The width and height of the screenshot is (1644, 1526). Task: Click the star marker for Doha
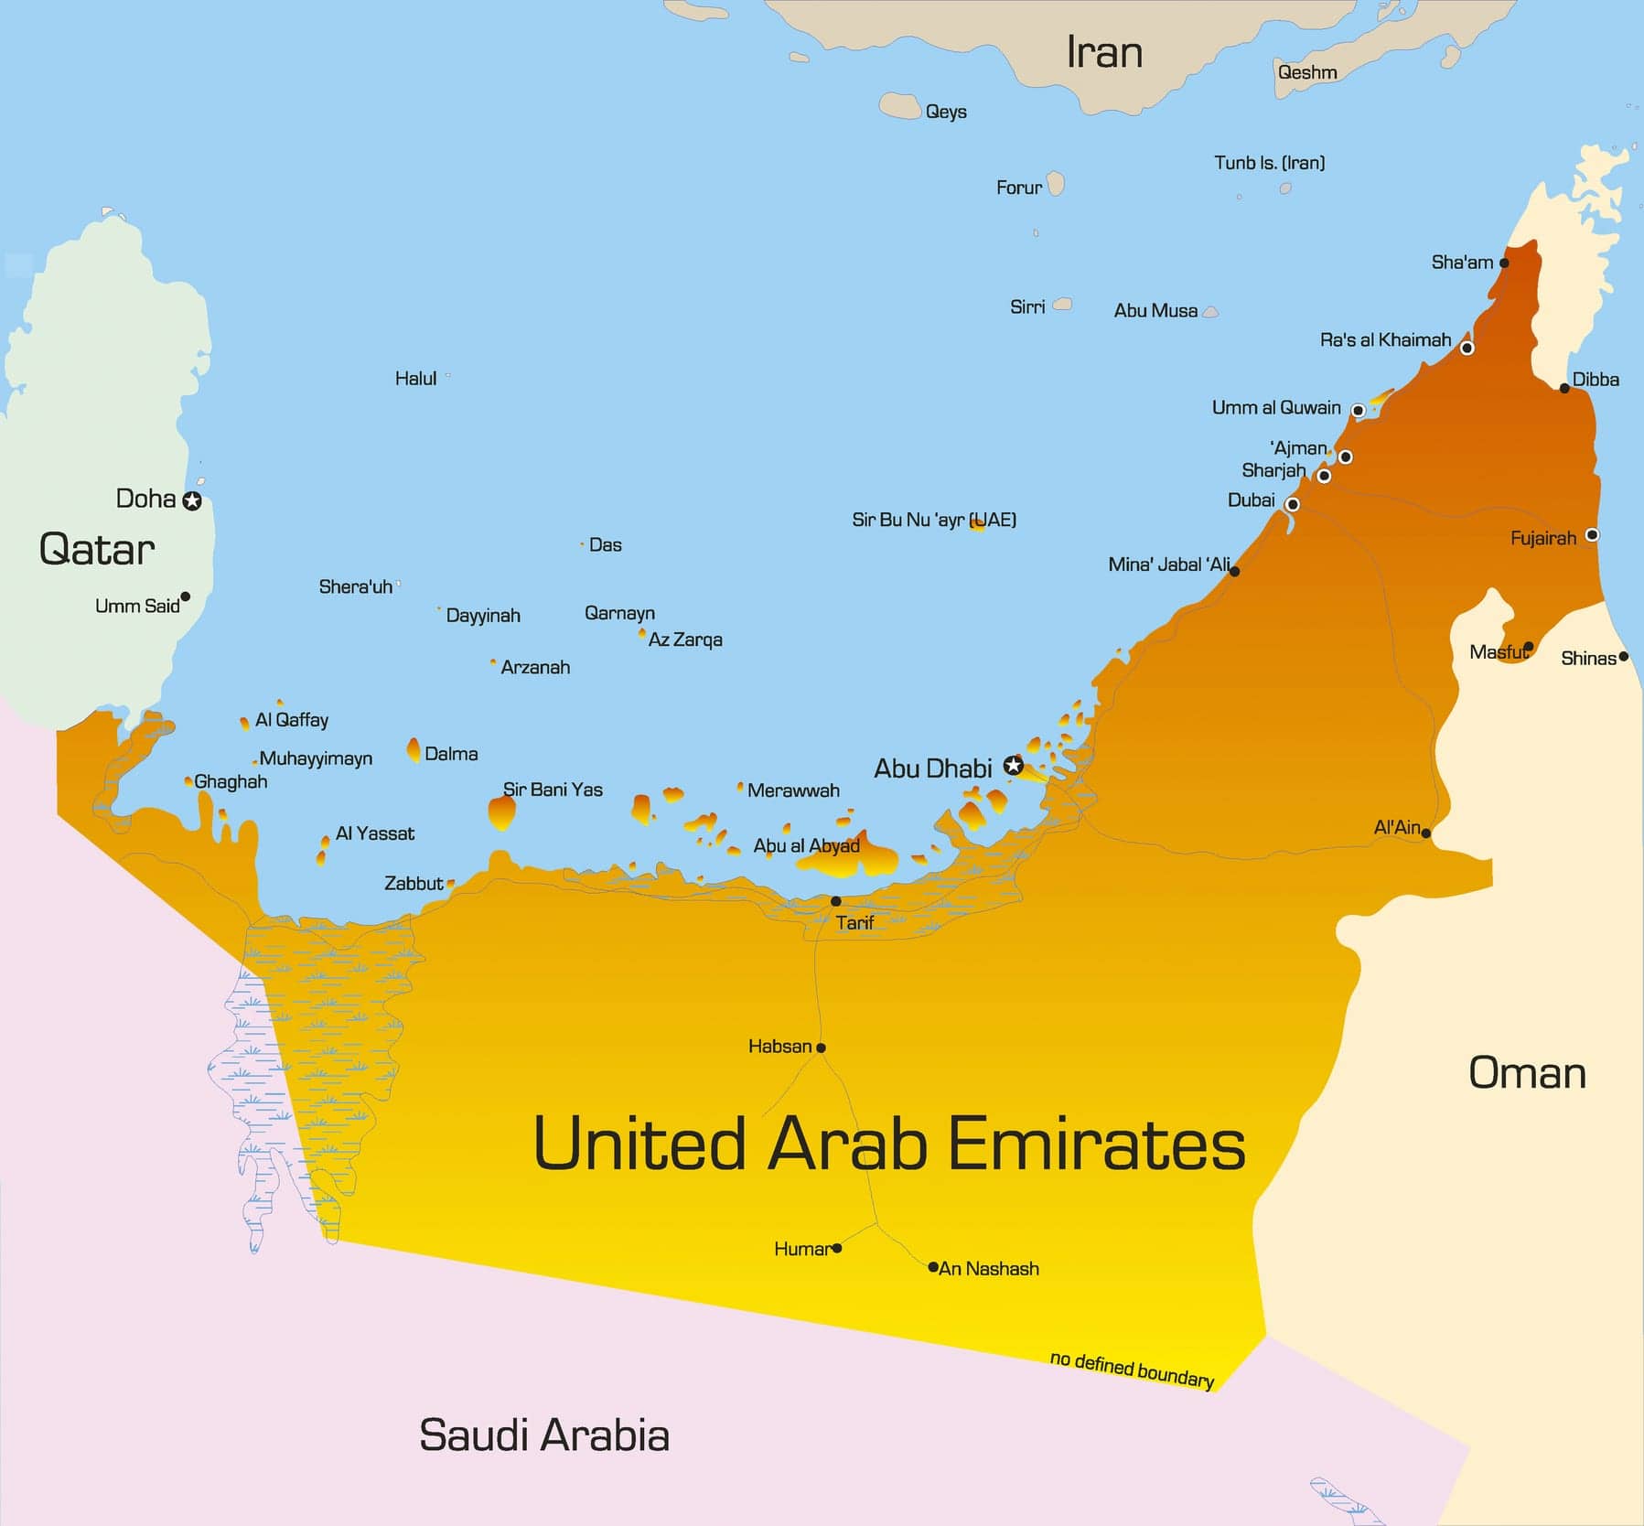[x=192, y=500]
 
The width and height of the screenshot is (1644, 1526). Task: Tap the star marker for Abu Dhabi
[x=1013, y=766]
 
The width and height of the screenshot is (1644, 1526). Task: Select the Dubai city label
[x=1251, y=500]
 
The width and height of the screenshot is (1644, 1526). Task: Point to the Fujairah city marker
[x=1592, y=534]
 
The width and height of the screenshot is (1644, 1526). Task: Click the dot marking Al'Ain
[x=1425, y=833]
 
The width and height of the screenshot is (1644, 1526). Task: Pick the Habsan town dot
[x=821, y=1048]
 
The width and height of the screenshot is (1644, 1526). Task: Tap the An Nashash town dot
[x=932, y=1267]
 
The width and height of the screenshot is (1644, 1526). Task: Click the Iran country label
[x=1104, y=52]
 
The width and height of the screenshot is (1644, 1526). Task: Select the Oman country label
[x=1527, y=1073]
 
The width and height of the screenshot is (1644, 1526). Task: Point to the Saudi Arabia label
[x=544, y=1435]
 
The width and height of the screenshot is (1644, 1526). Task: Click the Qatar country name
[x=97, y=549]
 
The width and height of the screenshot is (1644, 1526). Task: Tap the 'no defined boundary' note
[x=1132, y=1370]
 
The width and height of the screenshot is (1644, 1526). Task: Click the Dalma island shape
[x=414, y=751]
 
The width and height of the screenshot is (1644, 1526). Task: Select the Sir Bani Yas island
[x=501, y=812]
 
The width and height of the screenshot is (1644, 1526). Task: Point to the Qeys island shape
[x=900, y=106]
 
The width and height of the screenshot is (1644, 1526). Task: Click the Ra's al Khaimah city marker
[x=1467, y=348]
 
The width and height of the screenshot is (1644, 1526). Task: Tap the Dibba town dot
[x=1564, y=388]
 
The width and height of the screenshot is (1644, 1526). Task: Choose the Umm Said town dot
[x=185, y=596]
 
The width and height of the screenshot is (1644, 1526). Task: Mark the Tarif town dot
[x=835, y=901]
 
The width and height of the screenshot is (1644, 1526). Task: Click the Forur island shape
[x=1056, y=184]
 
